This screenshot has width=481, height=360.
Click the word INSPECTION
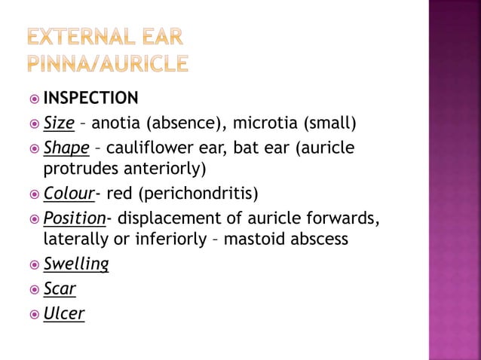90,98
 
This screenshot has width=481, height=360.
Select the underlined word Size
58,122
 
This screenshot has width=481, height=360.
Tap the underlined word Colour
69,194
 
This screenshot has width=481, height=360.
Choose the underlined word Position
73,218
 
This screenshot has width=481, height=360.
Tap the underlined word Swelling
76,264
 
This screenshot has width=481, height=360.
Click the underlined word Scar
60,288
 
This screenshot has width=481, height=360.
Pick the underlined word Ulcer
63,313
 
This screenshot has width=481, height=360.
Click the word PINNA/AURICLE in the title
108,63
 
